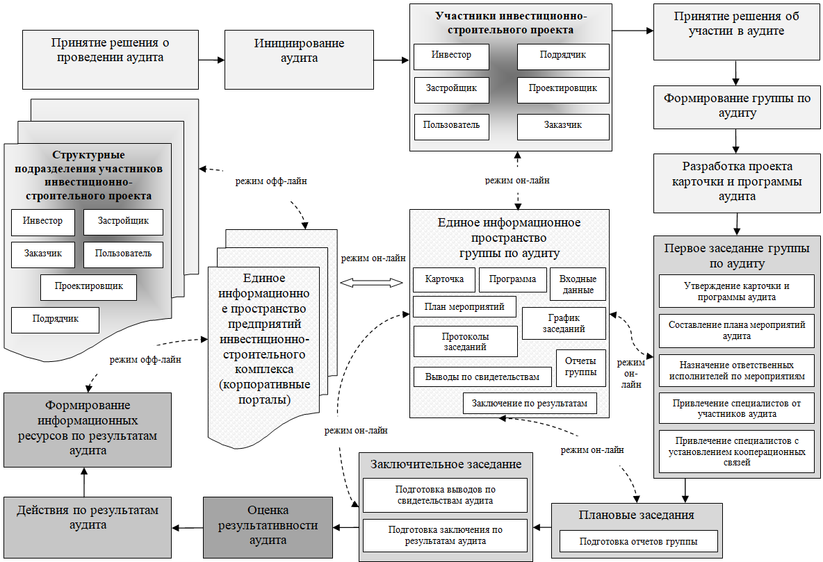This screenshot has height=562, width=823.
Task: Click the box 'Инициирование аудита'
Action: [299, 59]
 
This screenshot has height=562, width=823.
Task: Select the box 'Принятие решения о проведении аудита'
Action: [111, 59]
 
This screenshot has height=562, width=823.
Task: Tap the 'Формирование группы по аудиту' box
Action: [737, 107]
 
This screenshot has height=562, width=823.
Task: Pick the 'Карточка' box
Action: [444, 279]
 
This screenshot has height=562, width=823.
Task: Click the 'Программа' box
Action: [513, 279]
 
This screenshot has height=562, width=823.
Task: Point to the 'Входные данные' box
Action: [578, 284]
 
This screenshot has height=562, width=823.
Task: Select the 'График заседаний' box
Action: [564, 323]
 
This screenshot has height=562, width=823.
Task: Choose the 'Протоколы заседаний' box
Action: [465, 341]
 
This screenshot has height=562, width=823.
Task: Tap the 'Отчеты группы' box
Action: [581, 368]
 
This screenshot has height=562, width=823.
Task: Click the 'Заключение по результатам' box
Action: [530, 403]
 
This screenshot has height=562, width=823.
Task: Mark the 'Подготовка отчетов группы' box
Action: [639, 541]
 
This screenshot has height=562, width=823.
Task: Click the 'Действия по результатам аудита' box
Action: [88, 527]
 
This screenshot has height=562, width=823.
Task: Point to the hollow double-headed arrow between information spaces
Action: [371, 283]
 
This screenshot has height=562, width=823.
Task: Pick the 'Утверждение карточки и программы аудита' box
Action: [737, 291]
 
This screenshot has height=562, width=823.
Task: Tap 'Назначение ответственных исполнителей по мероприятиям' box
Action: [737, 370]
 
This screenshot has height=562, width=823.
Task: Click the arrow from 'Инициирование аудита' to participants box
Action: [391, 60]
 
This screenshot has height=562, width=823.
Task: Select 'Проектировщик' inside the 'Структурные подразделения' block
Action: [89, 287]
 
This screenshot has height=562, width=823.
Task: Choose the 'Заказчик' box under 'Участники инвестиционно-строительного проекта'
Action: [563, 126]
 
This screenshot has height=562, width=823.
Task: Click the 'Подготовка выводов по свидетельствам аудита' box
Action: [445, 495]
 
